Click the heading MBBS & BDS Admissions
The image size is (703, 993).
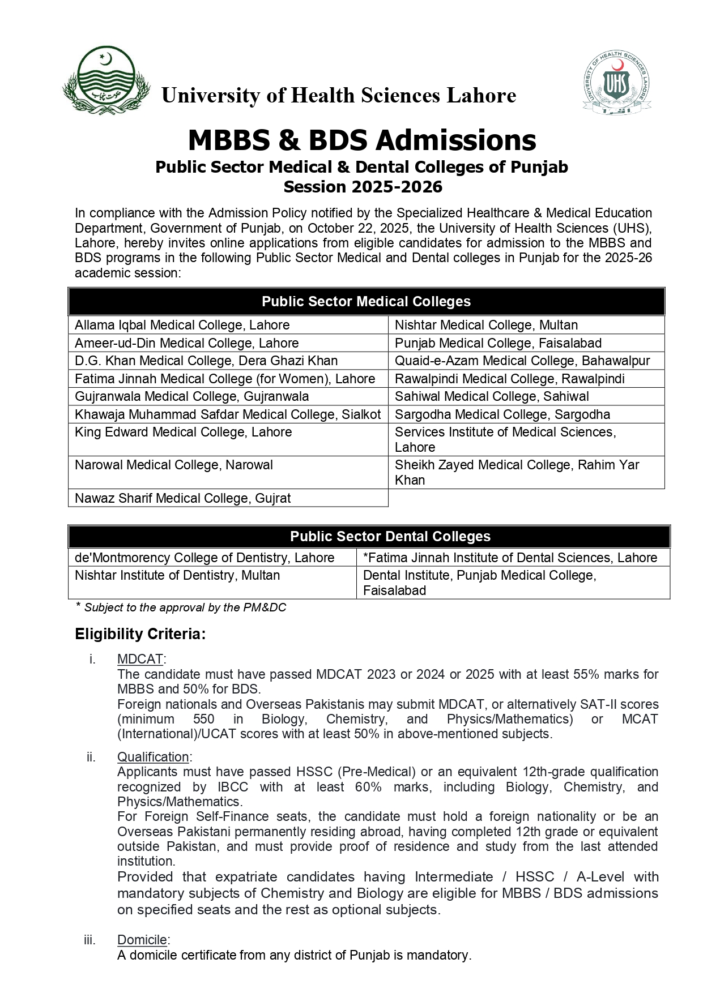pyautogui.click(x=362, y=140)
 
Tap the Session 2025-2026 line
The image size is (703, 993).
pyautogui.click(x=363, y=187)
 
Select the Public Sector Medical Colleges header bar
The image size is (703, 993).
pyautogui.click(x=366, y=302)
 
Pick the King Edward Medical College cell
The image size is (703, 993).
pyautogui.click(x=183, y=433)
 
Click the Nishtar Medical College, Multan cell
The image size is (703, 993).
pyautogui.click(x=486, y=325)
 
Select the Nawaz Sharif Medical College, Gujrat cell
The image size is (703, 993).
pyautogui.click(x=182, y=498)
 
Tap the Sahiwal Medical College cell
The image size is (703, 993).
pyautogui.click(x=492, y=396)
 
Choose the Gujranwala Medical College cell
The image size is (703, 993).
pyautogui.click(x=191, y=396)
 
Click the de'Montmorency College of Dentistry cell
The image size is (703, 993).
pyautogui.click(x=204, y=558)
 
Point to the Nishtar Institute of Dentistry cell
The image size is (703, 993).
pyautogui.click(x=177, y=575)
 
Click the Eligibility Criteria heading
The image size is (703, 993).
pyautogui.click(x=140, y=634)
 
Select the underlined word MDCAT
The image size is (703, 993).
pyautogui.click(x=140, y=659)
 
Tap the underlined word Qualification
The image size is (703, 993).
pyautogui.click(x=153, y=757)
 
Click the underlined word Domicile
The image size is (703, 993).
pyautogui.click(x=142, y=940)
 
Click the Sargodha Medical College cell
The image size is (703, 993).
pyautogui.click(x=502, y=414)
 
